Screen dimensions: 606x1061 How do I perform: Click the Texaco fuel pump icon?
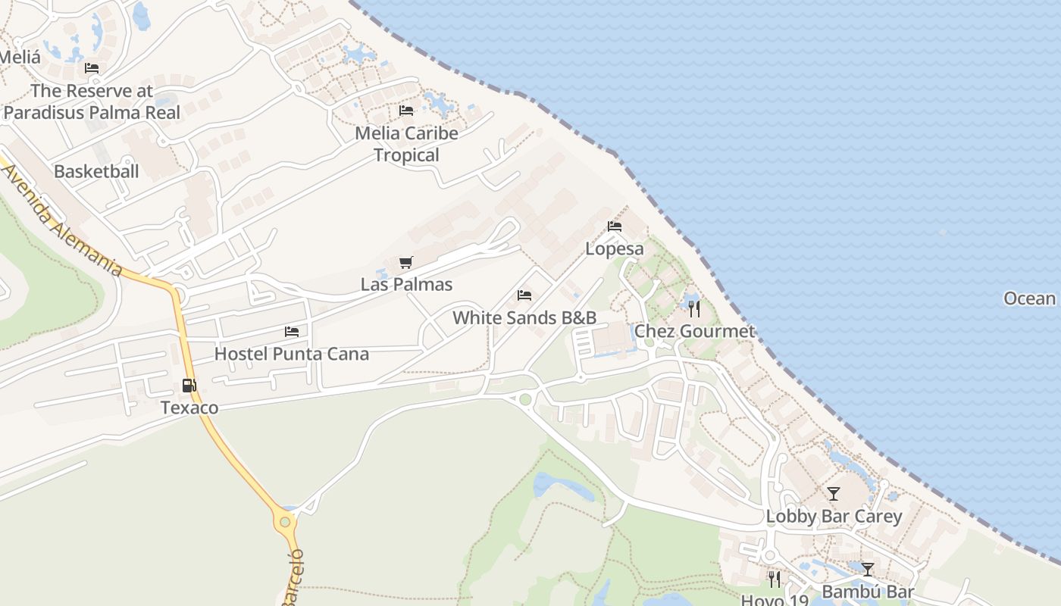[x=189, y=386]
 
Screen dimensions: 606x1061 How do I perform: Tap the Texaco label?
[x=189, y=408]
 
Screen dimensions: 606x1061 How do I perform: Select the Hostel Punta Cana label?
[x=292, y=354]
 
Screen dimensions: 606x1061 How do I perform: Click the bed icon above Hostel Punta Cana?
[x=292, y=332]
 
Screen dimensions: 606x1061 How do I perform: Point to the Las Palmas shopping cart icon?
[x=406, y=263]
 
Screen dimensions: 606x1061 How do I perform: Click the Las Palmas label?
[x=406, y=285]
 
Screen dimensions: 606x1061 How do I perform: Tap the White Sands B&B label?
[x=524, y=317]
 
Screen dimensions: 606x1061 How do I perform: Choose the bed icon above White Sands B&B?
[x=524, y=295]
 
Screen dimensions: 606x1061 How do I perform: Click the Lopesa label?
[x=615, y=248]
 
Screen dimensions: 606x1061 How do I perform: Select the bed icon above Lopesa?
[x=615, y=226]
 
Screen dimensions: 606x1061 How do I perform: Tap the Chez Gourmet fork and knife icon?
[x=694, y=309]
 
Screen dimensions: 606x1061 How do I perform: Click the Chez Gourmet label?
[x=694, y=331]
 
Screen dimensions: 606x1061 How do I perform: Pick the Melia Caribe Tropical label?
[x=407, y=144]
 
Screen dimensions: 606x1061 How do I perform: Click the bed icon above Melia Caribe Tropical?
[x=406, y=111]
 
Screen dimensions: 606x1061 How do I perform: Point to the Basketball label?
[x=96, y=171]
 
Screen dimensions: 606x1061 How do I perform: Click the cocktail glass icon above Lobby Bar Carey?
[x=834, y=494]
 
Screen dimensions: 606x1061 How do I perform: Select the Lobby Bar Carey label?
[x=834, y=517]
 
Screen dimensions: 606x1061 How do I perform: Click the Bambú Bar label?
[x=868, y=592]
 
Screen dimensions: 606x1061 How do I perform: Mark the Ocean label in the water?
[x=1029, y=298]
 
